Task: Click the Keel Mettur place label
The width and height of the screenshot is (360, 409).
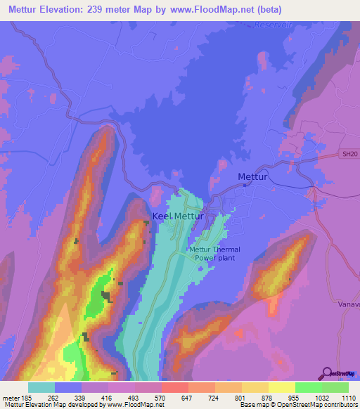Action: (178, 216)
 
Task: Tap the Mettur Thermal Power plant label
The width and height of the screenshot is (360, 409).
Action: (214, 254)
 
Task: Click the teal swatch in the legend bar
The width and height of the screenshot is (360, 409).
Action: (41, 387)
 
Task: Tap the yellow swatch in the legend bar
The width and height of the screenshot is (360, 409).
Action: (281, 387)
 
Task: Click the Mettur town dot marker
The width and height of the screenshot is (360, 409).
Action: (244, 185)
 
